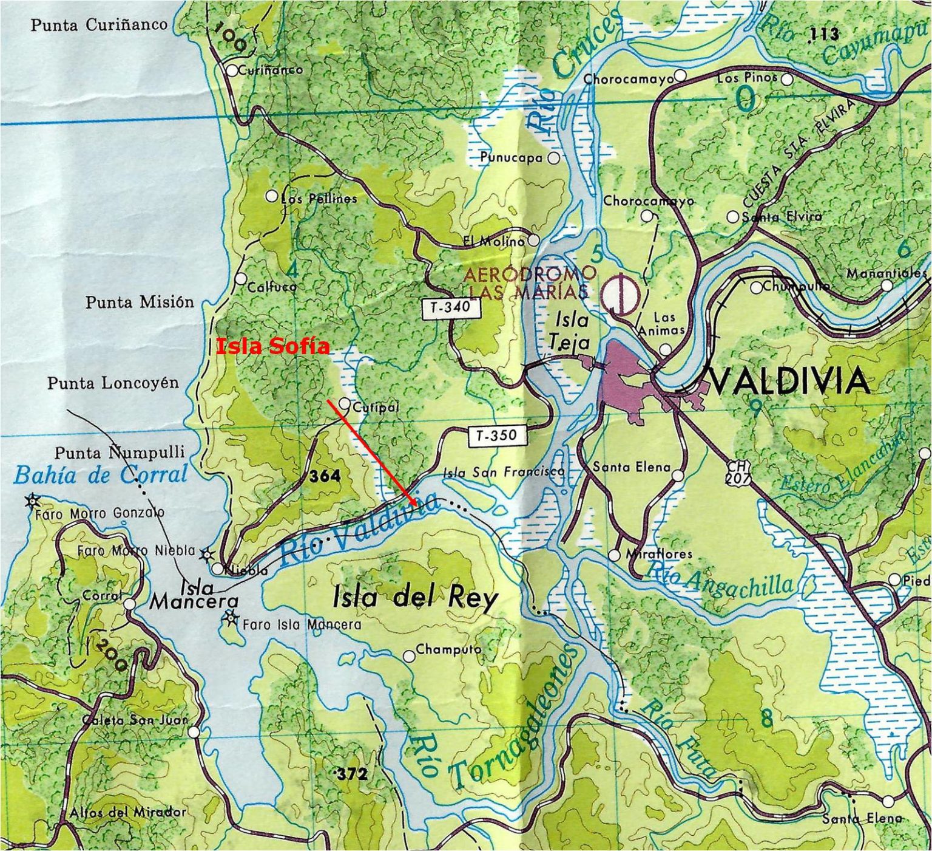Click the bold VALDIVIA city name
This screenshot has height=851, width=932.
click(x=790, y=381)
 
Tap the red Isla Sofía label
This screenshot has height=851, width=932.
click(x=273, y=347)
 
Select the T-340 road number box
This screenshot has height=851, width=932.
click(x=450, y=308)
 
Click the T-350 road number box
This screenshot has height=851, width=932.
click(x=496, y=435)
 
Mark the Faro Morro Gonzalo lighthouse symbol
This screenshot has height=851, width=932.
click(x=32, y=501)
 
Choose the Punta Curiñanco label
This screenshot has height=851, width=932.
click(x=99, y=25)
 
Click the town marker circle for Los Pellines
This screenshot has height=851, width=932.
click(x=272, y=196)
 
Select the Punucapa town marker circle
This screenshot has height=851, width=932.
click(x=553, y=158)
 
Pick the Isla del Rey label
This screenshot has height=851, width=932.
click(x=415, y=598)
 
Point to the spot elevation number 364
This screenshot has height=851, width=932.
click(x=325, y=477)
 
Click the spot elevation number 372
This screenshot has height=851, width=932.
click(x=352, y=774)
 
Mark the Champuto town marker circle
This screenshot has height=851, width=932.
click(x=410, y=656)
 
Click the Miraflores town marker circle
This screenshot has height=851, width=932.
click(x=615, y=555)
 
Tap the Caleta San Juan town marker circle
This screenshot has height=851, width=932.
click(x=194, y=732)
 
